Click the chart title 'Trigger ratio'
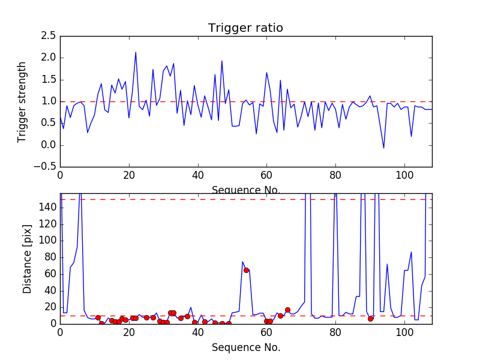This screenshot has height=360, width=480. pos(245,28)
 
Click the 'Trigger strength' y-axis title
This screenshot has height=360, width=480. pos(22,101)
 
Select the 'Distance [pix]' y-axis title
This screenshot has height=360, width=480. pos(28,259)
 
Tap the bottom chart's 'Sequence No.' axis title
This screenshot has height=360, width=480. pos(245,347)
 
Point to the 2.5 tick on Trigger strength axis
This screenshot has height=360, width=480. pos(49,36)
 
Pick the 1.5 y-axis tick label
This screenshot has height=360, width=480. pos(49,80)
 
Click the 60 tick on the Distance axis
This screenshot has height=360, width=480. pos(50,274)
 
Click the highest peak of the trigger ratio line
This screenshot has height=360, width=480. pos(136,52)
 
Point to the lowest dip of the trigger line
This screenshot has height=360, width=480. pos(384,148)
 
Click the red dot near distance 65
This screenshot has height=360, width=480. pos(246,270)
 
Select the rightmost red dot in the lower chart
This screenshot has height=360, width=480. pos(370,319)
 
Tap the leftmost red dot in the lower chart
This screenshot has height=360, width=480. pos(98,317)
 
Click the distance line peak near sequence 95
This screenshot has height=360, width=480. pos(387,264)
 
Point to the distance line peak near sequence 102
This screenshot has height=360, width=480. pos(411,252)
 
